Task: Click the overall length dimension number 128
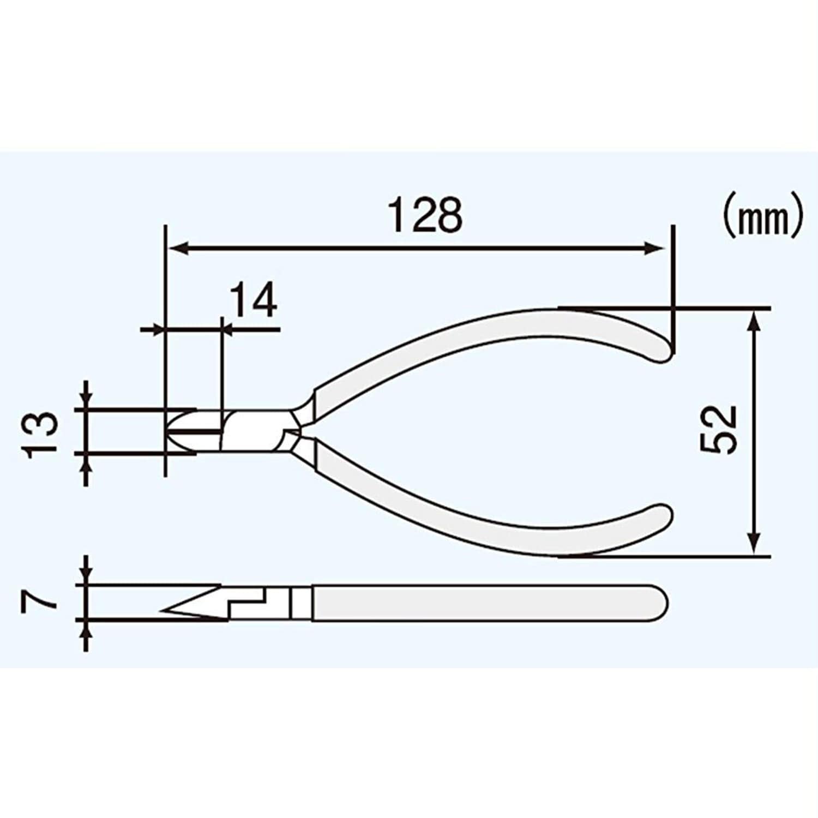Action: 425,215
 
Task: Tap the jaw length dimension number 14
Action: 253,301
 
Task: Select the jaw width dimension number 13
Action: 41,431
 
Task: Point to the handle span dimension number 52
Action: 718,429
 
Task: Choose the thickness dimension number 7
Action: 39,602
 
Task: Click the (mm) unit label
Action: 762,219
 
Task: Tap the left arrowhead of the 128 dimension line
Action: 177,249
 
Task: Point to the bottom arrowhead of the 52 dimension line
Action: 754,544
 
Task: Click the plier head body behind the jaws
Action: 254,431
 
